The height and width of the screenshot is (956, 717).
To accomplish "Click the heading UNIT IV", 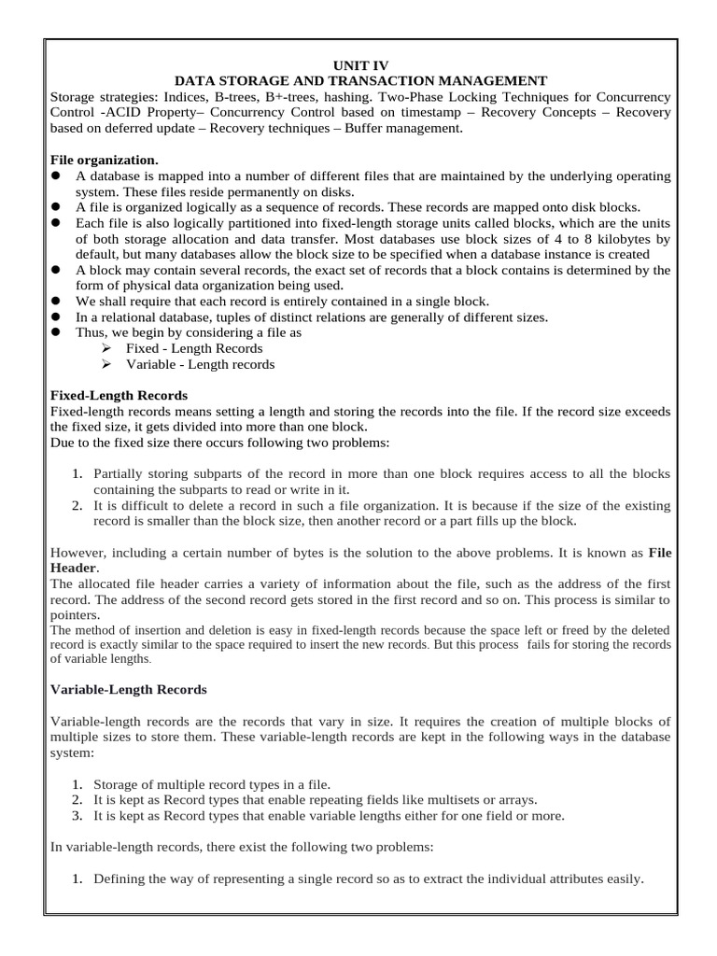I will click(x=359, y=65).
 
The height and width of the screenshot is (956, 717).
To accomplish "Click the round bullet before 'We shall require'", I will click(x=56, y=301).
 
